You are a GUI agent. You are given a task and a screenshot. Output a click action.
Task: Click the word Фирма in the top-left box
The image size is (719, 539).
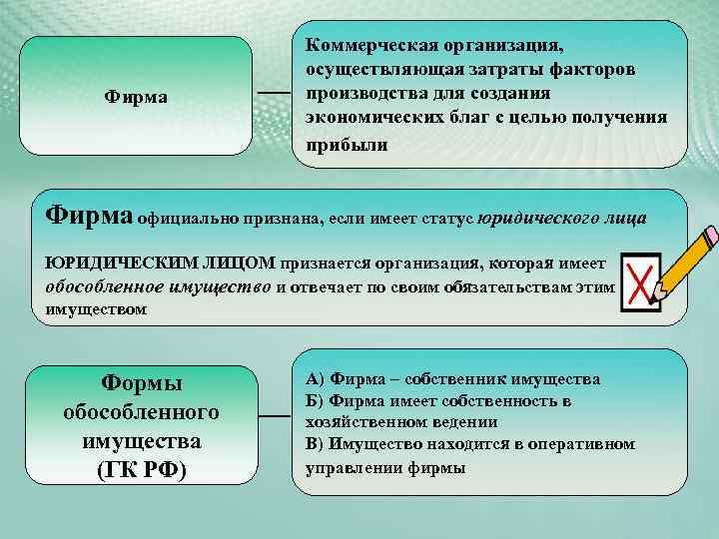(136, 98)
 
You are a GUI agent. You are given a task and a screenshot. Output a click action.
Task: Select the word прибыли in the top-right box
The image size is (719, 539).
(341, 143)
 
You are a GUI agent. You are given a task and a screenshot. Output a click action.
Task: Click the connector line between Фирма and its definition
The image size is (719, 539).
(273, 92)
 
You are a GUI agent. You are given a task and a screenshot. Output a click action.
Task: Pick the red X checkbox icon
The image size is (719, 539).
(640, 280)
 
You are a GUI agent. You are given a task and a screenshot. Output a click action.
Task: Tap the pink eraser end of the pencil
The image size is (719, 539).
(710, 237)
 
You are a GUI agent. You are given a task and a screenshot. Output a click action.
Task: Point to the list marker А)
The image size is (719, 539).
(316, 379)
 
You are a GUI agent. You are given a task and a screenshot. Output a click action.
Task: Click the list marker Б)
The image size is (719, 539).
(316, 401)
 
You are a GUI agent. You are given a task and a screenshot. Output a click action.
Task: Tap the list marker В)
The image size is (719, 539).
(316, 444)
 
